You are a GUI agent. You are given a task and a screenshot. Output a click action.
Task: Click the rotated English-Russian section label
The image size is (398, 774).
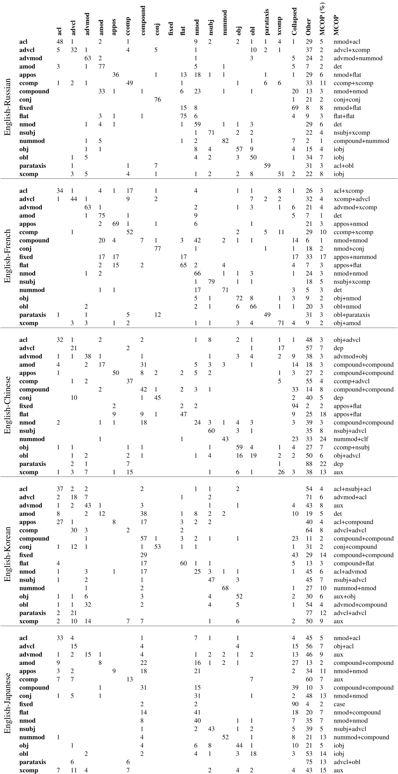coord(8,107)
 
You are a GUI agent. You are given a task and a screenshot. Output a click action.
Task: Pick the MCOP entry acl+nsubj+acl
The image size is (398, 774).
coord(353,489)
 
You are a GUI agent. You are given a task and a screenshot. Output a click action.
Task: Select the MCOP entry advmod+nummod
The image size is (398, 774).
coord(358,58)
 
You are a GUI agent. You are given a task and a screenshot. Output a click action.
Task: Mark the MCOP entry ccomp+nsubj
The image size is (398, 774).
coord(352,447)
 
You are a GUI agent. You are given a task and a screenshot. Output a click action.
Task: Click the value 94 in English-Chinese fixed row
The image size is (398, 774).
coord(294,406)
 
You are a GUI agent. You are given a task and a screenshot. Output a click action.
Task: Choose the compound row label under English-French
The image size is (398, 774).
coord(34,240)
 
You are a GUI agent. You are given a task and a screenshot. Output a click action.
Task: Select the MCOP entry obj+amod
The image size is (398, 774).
coord(347,323)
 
